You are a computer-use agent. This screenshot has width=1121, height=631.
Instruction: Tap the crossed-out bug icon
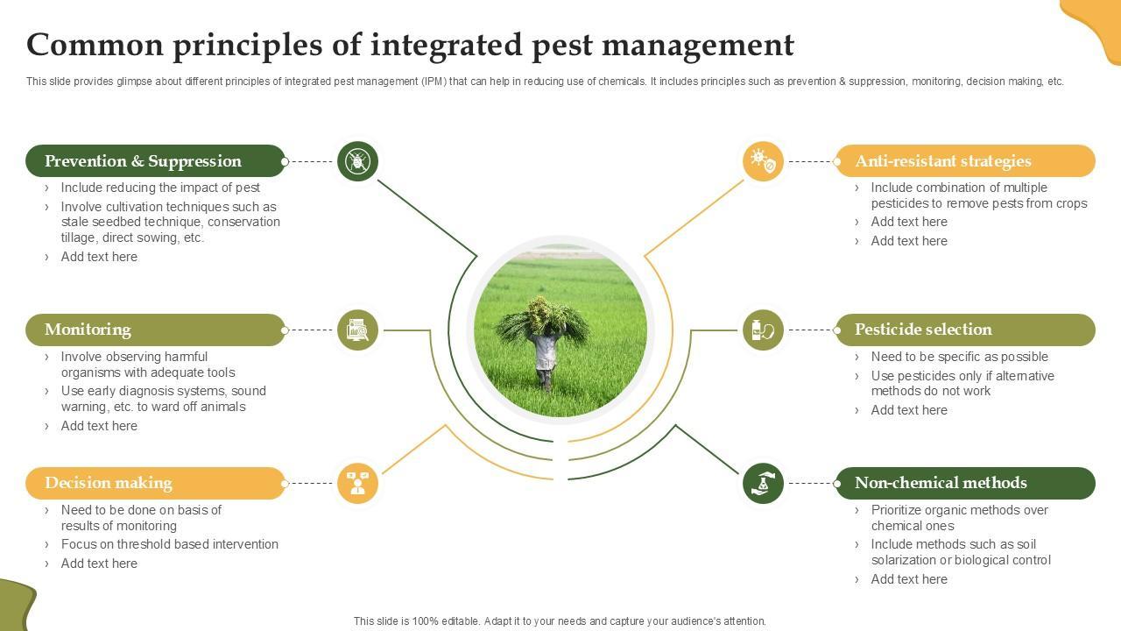click(x=357, y=161)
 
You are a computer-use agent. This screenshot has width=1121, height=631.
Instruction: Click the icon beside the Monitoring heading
click(x=357, y=330)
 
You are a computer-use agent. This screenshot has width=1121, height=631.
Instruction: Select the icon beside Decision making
click(x=357, y=483)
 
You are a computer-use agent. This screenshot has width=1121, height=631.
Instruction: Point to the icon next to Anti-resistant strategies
click(x=763, y=161)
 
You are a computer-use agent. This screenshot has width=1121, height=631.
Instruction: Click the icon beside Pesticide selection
click(x=763, y=330)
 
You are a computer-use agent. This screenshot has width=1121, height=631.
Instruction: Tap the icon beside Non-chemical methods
click(x=763, y=483)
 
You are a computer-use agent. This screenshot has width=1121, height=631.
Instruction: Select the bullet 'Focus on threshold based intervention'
click(x=170, y=544)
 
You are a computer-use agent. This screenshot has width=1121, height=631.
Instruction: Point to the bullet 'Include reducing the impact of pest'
click(x=160, y=188)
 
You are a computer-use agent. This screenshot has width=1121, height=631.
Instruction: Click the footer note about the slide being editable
click(x=560, y=621)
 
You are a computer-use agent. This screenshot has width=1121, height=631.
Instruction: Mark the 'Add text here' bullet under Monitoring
click(x=99, y=426)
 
